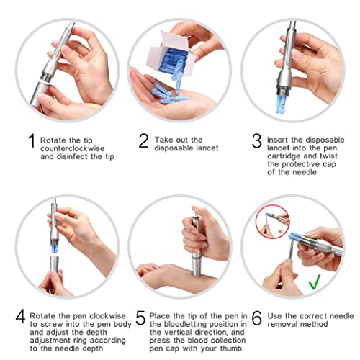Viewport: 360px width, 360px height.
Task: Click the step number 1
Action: pos(30,142)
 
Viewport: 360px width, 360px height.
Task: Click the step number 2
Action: pos(143,142)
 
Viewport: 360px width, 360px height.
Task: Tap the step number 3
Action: pos(256,142)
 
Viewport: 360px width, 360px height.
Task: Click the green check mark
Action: pos(315,283)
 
